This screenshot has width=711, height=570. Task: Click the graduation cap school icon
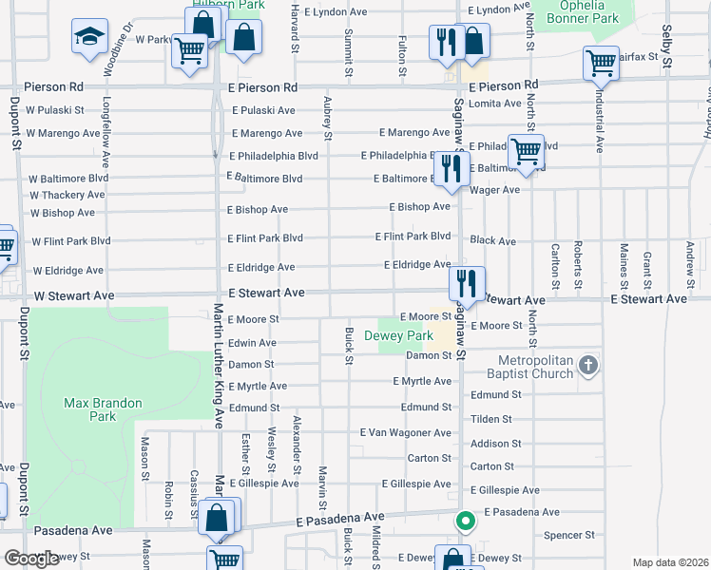pyautogui.click(x=89, y=37)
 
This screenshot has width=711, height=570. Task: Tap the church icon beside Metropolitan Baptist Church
pyautogui.click(x=588, y=365)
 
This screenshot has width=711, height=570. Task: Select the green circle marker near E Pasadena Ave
pyautogui.click(x=464, y=521)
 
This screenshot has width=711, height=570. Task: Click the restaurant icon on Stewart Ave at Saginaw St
pyautogui.click(x=467, y=280)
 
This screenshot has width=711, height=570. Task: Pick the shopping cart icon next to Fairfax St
pyautogui.click(x=601, y=63)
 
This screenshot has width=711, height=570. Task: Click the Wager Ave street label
pyautogui.click(x=495, y=190)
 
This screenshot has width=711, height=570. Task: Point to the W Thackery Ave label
pyautogui.click(x=67, y=196)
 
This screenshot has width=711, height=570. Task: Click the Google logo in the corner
pyautogui.click(x=30, y=559)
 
